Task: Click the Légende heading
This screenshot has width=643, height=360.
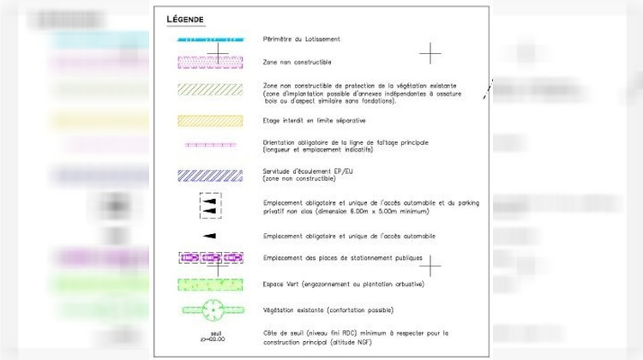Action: pyautogui.click(x=185, y=19)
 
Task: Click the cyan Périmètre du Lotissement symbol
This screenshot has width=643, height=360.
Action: pyautogui.click(x=211, y=39)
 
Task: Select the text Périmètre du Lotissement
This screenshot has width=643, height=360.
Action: pyautogui.click(x=302, y=39)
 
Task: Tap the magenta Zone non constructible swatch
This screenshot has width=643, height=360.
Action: pyautogui.click(x=211, y=62)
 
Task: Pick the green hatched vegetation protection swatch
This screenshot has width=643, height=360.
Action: pyautogui.click(x=211, y=89)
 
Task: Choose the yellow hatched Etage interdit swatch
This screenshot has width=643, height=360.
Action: pyautogui.click(x=211, y=121)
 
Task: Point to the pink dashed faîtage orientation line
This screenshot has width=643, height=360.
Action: pyautogui.click(x=211, y=145)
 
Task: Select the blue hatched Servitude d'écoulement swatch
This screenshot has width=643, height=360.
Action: pyautogui.click(x=211, y=175)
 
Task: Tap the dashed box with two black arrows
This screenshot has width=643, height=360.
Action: pyautogui.click(x=211, y=206)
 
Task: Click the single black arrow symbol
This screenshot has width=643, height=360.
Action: pyautogui.click(x=210, y=236)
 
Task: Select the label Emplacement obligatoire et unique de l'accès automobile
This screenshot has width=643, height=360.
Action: pyautogui.click(x=349, y=236)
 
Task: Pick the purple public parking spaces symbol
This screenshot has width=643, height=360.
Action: pyautogui.click(x=211, y=258)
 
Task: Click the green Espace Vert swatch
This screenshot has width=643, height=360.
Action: pyautogui.click(x=211, y=284)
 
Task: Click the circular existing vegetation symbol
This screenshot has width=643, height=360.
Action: pyautogui.click(x=211, y=309)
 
